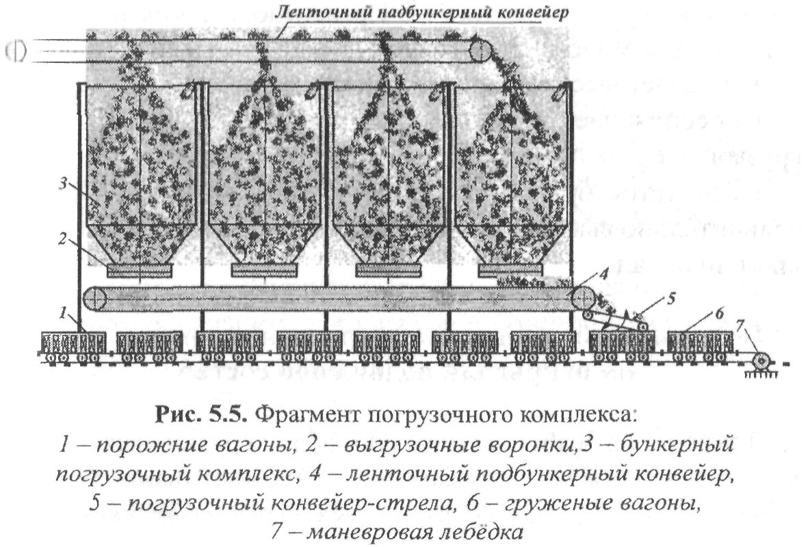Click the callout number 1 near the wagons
[x=63, y=315]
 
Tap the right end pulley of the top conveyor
[x=480, y=50]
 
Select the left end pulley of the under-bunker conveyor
[x=95, y=299]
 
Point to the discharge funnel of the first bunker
[x=139, y=269]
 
